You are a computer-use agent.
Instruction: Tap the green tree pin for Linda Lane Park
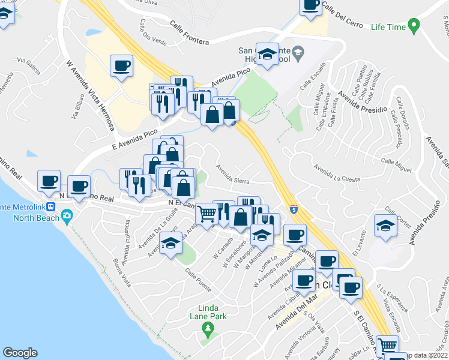(208, 328)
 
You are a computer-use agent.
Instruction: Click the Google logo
(20, 353)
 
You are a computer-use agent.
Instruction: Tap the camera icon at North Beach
(67, 215)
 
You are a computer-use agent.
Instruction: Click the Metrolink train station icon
(52, 207)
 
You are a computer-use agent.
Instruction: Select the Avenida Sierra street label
(232, 170)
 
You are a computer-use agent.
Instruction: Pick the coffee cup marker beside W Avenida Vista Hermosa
(121, 65)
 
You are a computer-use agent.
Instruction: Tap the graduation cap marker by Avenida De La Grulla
(171, 244)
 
